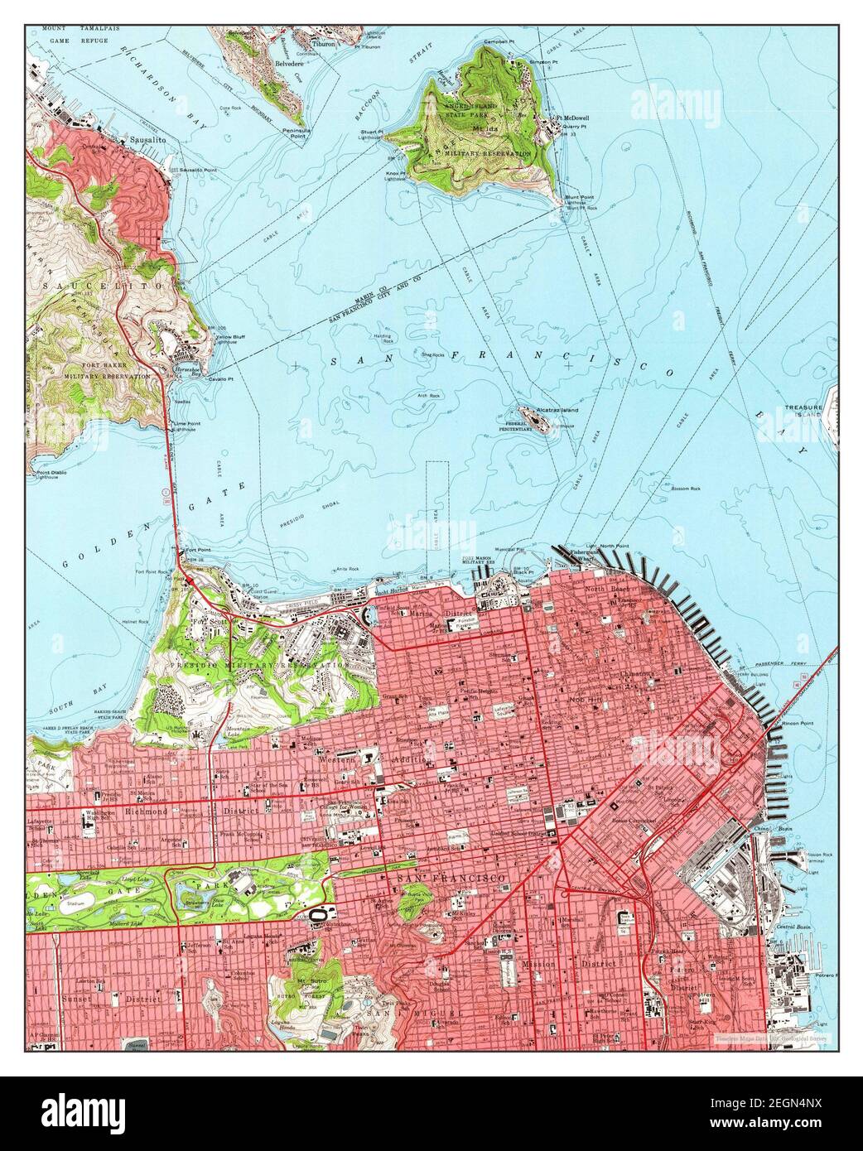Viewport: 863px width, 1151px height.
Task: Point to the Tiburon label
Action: click(x=325, y=44)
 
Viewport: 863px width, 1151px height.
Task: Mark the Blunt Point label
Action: click(x=581, y=197)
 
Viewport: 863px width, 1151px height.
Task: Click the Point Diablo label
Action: click(x=47, y=474)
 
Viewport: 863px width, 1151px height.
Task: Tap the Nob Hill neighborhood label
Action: click(x=583, y=701)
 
